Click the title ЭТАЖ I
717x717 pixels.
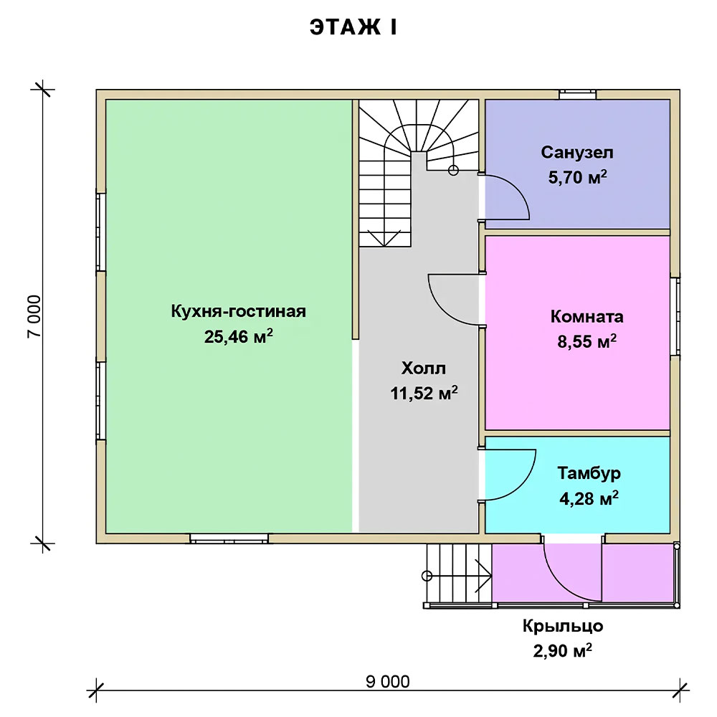(353, 27)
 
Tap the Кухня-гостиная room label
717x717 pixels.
(238, 311)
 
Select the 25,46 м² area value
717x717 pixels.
(238, 336)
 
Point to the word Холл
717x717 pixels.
(424, 368)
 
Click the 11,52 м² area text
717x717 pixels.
(424, 393)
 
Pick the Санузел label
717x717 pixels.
(577, 152)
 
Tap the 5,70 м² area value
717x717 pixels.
(577, 177)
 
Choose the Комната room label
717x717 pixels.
(587, 316)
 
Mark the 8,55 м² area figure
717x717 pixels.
(587, 341)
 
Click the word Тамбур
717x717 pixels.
(589, 473)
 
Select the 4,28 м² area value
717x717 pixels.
(589, 498)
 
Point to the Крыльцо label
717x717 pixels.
(563, 626)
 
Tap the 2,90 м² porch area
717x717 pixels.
(562, 650)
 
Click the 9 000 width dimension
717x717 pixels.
(388, 682)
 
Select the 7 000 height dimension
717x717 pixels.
(34, 316)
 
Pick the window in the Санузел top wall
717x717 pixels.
(577, 95)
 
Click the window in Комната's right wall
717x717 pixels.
(675, 316)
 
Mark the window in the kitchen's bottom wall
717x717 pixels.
(229, 538)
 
